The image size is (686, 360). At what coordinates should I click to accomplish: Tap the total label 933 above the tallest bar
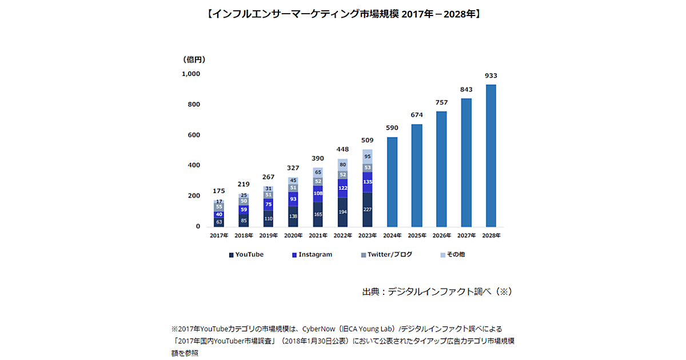click(x=490, y=75)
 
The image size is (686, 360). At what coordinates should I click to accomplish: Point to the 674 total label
click(x=417, y=115)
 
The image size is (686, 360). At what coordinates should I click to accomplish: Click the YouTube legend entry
click(x=246, y=254)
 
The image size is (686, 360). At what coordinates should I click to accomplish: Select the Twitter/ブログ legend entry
click(x=386, y=254)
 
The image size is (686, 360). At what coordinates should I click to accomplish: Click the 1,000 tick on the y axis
click(x=191, y=74)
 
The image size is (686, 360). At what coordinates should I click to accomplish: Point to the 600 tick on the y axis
click(x=194, y=135)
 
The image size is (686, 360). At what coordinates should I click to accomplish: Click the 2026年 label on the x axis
click(x=441, y=235)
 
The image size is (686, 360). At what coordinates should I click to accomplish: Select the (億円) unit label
click(x=194, y=59)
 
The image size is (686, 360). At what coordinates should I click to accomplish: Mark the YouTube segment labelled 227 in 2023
click(x=367, y=209)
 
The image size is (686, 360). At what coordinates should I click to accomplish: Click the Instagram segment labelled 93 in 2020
click(x=293, y=199)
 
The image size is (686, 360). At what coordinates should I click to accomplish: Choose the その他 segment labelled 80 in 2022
click(x=342, y=165)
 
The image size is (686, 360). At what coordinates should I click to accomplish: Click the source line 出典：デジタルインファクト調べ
click(x=437, y=291)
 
